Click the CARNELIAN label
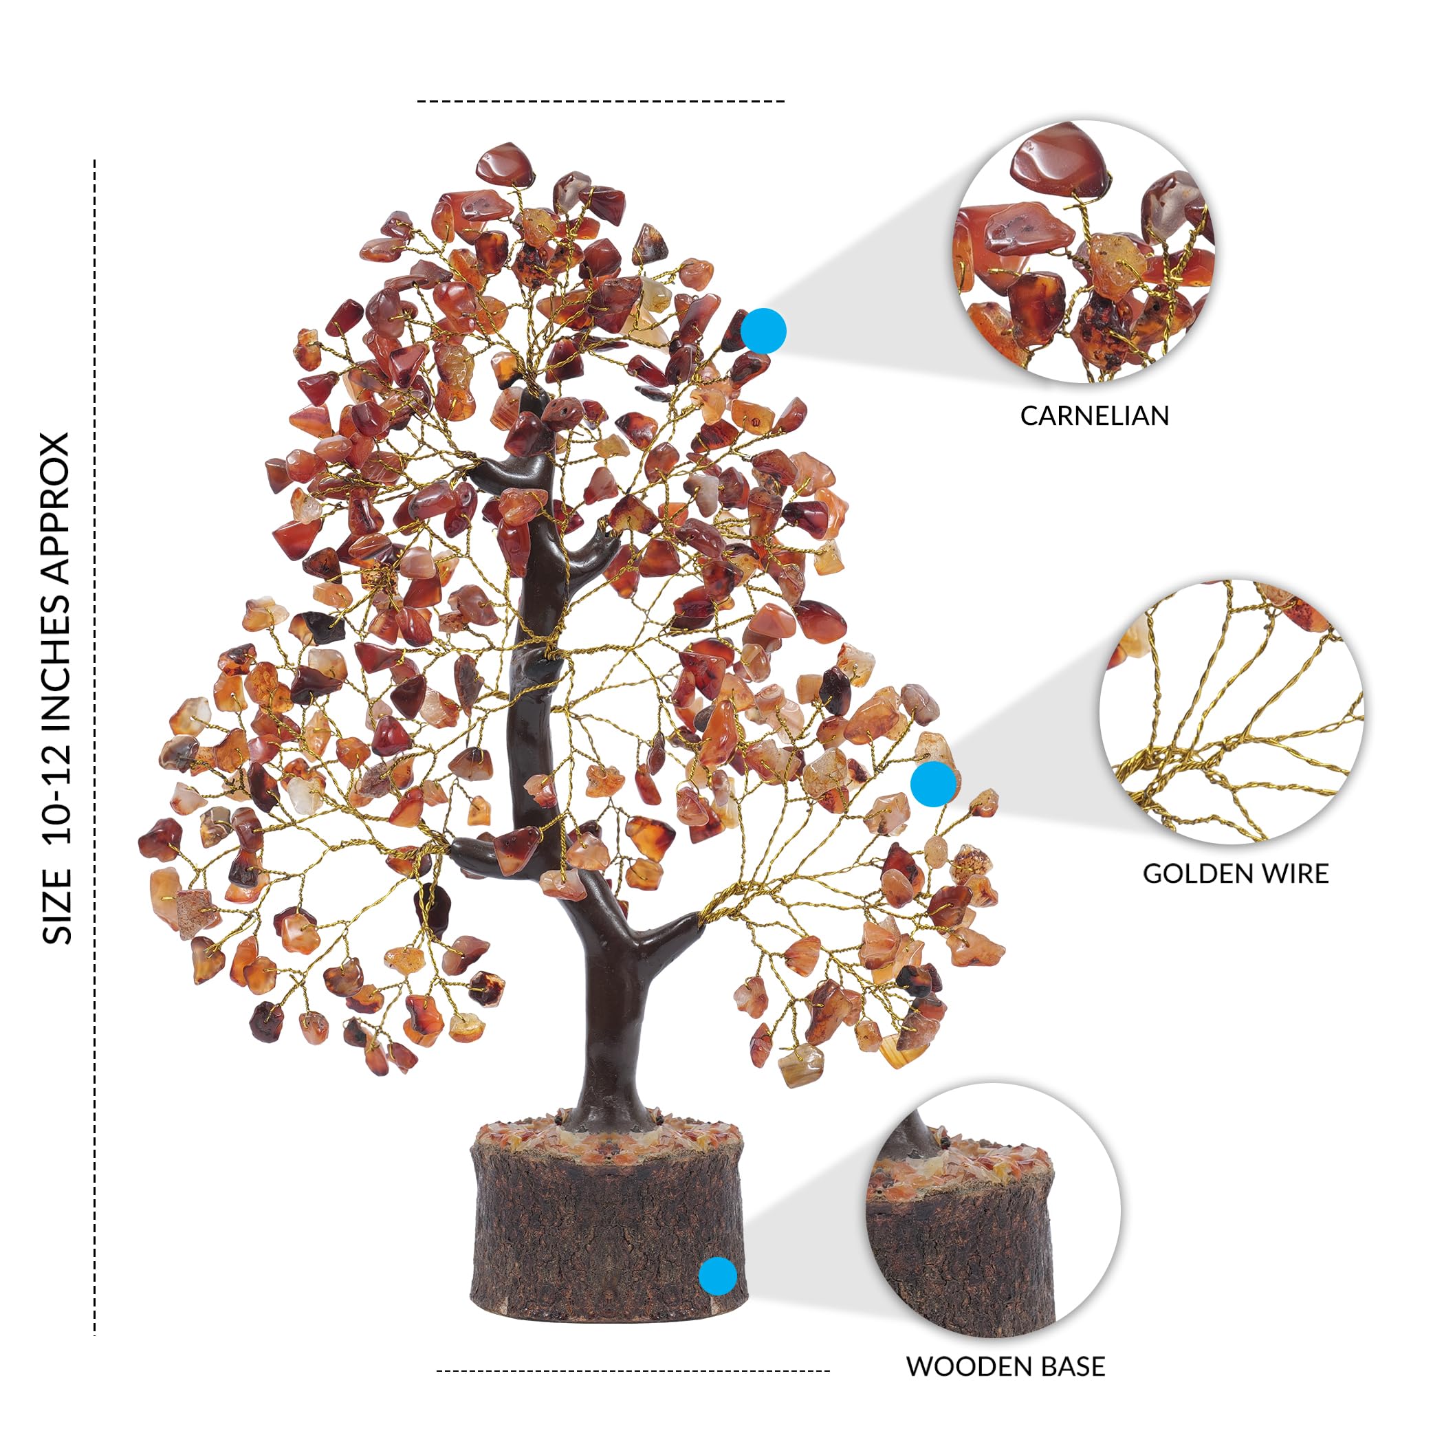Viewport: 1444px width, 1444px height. pyautogui.click(x=1094, y=415)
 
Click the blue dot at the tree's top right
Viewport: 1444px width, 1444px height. pyautogui.click(x=763, y=330)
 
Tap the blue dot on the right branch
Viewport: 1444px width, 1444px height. pyautogui.click(x=934, y=784)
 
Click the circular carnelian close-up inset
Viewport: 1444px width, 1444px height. pyautogui.click(x=1084, y=251)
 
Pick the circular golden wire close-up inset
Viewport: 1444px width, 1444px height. pyautogui.click(x=1232, y=712)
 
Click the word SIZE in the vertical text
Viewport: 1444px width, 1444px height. pyautogui.click(x=58, y=906)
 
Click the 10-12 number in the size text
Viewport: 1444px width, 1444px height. pyautogui.click(x=58, y=797)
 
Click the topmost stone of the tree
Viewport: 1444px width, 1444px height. pyautogui.click(x=505, y=164)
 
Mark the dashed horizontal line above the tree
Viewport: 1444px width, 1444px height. pyautogui.click(x=601, y=101)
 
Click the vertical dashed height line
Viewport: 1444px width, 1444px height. pyautogui.click(x=95, y=747)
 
